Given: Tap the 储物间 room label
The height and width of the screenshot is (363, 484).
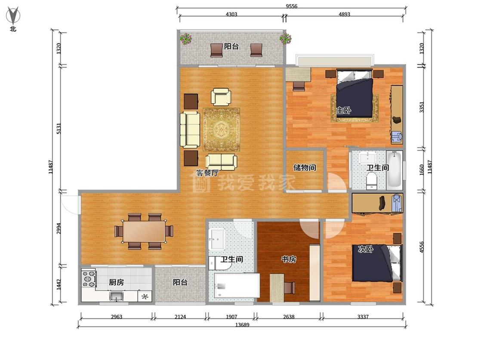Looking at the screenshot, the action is pyautogui.click(x=304, y=168).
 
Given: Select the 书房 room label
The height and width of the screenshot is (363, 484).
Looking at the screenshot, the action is pyautogui.click(x=289, y=259).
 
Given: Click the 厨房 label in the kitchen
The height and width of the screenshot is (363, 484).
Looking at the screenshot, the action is pyautogui.click(x=116, y=282).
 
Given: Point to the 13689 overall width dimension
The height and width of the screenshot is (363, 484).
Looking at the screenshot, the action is pyautogui.click(x=242, y=325).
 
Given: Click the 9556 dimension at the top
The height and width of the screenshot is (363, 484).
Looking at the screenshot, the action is pyautogui.click(x=291, y=6).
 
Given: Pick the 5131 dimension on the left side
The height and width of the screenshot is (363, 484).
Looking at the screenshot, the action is pyautogui.click(x=59, y=129).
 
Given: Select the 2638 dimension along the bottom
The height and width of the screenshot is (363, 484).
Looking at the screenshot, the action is pyautogui.click(x=289, y=317).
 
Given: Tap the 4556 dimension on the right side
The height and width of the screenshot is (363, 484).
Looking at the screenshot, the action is pyautogui.click(x=422, y=247).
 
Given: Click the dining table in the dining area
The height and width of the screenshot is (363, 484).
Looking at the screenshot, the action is pyautogui.click(x=144, y=231).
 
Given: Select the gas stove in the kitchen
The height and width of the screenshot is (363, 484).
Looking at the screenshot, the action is pyautogui.click(x=89, y=278).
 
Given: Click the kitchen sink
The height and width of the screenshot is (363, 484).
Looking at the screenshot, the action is pyautogui.click(x=116, y=296).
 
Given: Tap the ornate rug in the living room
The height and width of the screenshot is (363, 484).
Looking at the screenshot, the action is pyautogui.click(x=221, y=129).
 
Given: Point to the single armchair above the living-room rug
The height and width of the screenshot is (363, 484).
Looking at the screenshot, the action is pyautogui.click(x=221, y=97).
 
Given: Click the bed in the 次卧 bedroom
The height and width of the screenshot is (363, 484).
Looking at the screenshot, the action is pyautogui.click(x=377, y=263).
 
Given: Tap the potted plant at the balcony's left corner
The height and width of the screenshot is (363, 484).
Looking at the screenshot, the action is pyautogui.click(x=186, y=39).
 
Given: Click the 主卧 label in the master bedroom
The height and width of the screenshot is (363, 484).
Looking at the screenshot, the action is pyautogui.click(x=344, y=110).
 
